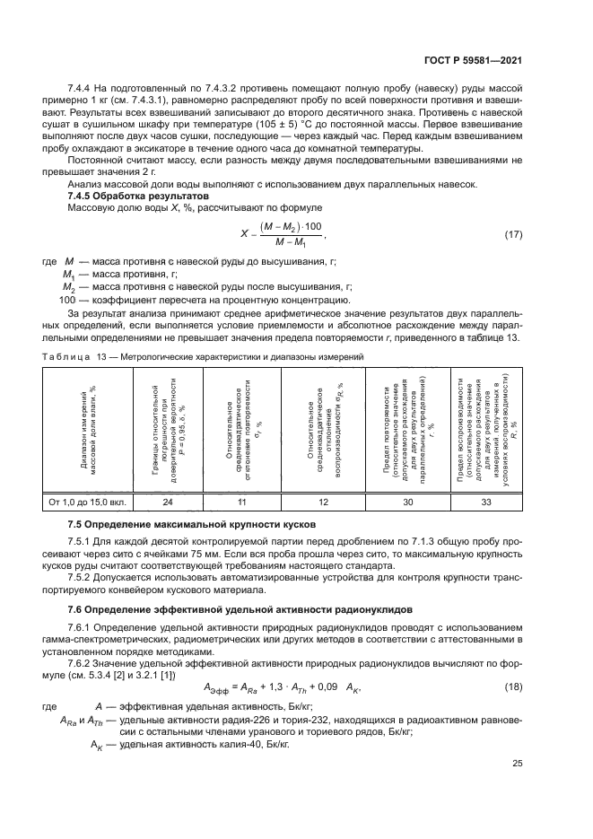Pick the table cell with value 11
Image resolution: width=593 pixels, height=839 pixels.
[242, 503]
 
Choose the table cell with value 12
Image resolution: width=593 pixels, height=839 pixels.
[323, 503]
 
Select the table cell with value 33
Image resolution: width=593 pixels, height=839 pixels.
[486, 503]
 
